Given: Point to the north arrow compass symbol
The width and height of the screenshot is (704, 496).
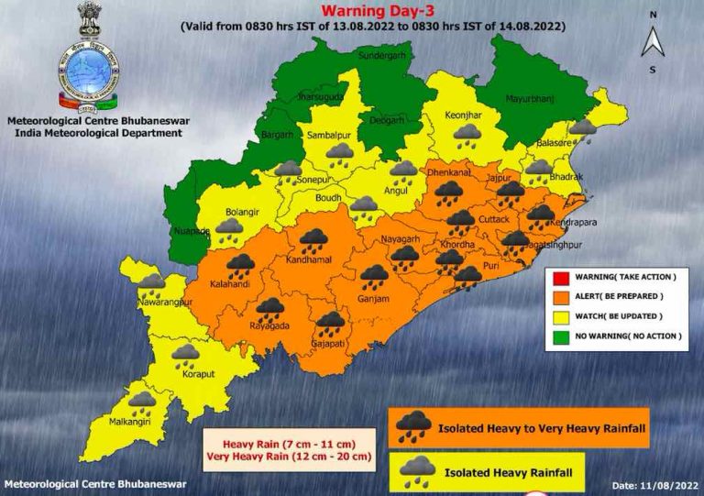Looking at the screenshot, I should coord(653,41).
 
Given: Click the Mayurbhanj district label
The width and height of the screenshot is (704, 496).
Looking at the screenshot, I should coord(531,96).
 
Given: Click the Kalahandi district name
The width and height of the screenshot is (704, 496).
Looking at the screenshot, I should coord(230,285).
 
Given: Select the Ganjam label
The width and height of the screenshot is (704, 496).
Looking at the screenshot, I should coord(374,299).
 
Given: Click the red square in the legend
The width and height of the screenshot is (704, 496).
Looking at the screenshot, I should coord(560,276).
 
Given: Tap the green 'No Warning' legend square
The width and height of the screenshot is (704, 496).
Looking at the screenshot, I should coord(560,336).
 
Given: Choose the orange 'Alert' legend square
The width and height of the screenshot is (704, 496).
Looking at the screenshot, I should coord(560,296).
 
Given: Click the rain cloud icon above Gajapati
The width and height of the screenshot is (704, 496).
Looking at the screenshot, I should coord(329,322).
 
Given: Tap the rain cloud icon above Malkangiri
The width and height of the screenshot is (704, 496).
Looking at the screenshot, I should coord(141,401).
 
